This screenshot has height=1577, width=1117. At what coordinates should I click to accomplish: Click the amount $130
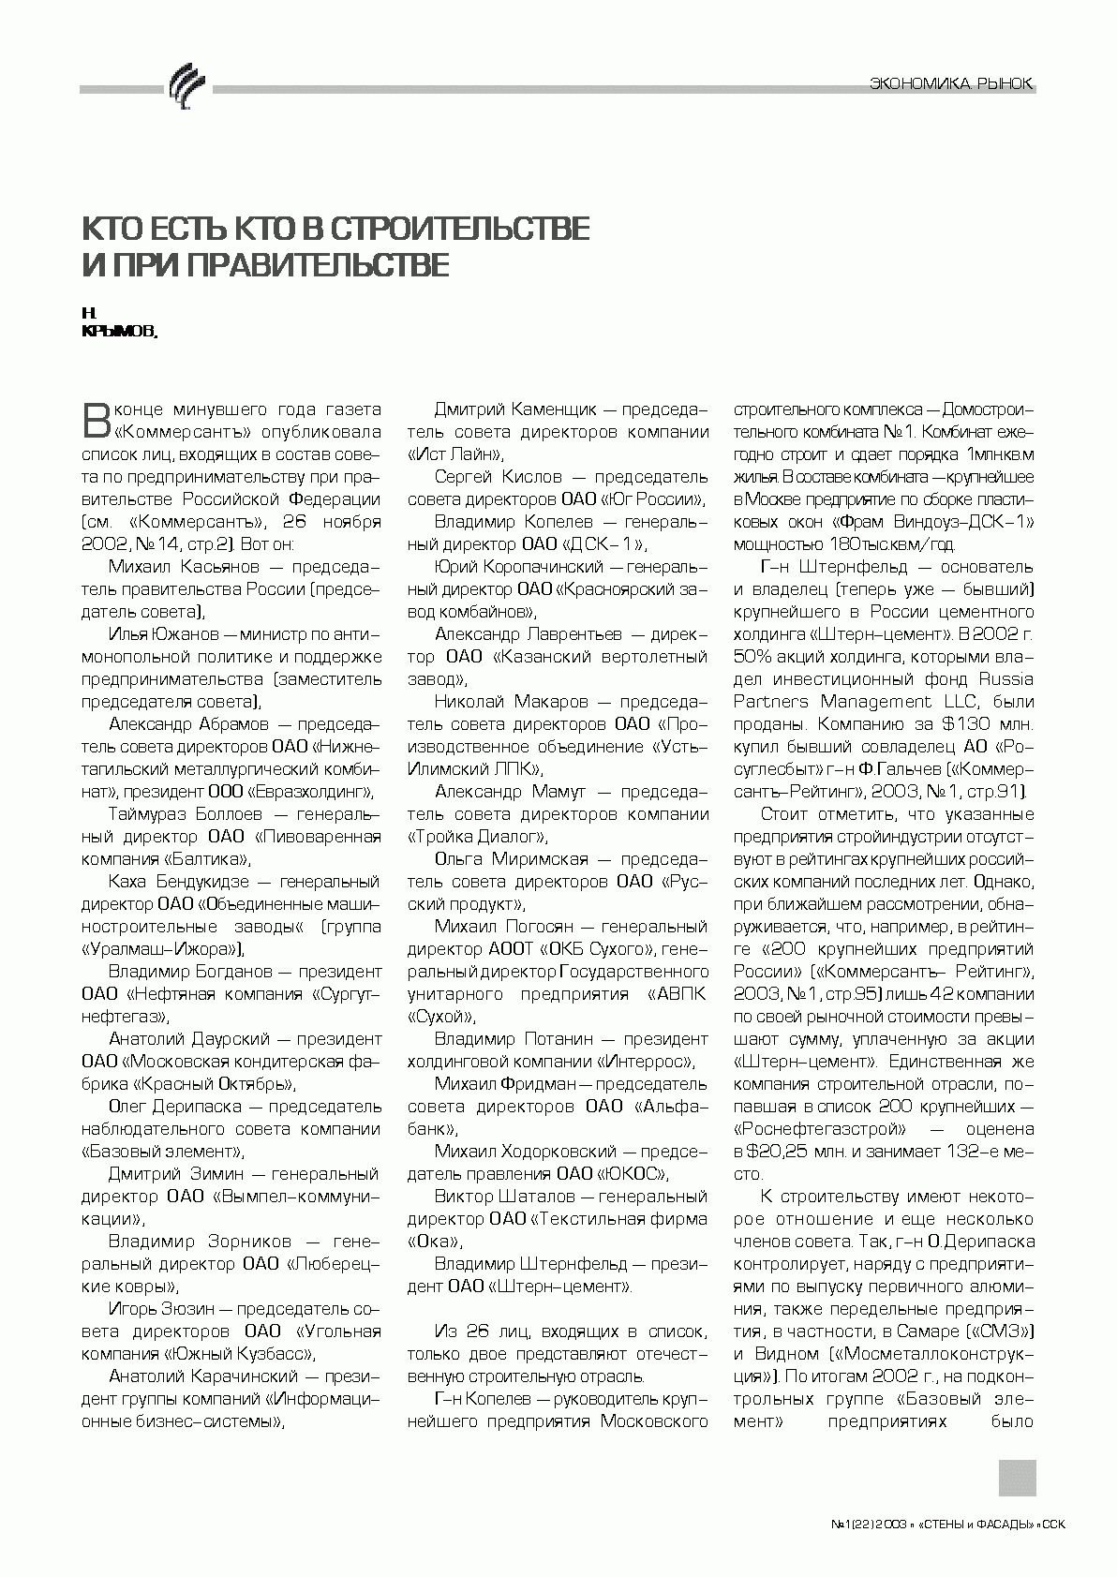943,724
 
